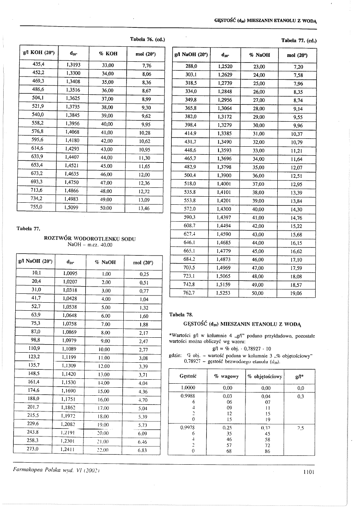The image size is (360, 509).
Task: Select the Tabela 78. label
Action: tap(182, 314)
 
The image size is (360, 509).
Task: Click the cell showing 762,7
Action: tap(189, 293)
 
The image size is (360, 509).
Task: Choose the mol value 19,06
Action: tap(298, 294)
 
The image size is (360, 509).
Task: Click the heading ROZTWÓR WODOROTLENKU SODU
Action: tap(89, 239)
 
